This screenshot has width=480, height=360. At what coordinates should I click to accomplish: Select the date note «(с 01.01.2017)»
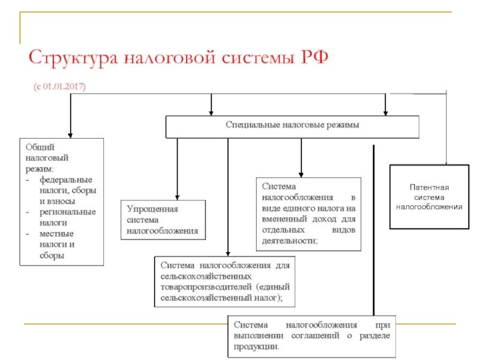pos(59,87)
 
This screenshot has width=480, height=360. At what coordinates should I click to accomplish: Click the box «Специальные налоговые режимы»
pos(292,126)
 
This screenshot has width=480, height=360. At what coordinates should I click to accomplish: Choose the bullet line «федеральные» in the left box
pos(66,179)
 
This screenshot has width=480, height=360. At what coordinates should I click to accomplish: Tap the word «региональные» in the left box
pos(67,212)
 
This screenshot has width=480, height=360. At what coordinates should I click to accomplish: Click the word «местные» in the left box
pos(56,233)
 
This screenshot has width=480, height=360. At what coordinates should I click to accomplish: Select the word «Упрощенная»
pos(152,208)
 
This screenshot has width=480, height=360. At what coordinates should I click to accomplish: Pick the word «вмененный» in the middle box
pos(283,219)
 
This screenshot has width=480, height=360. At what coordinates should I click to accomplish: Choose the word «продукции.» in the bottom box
pos(257,346)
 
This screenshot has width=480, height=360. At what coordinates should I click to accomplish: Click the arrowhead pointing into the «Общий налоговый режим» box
pos(70,134)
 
